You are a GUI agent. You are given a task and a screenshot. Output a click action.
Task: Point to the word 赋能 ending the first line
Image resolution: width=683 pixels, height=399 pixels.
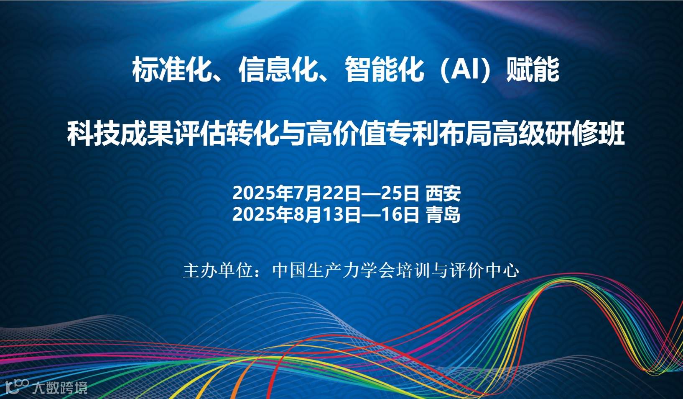click(x=533, y=70)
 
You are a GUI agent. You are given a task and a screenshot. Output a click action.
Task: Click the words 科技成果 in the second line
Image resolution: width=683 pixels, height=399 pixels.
click(x=120, y=134)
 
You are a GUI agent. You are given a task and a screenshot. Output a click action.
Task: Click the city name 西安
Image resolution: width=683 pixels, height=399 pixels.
click(x=443, y=193)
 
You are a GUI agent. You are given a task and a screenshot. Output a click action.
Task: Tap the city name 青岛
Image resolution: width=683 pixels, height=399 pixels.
click(x=443, y=214)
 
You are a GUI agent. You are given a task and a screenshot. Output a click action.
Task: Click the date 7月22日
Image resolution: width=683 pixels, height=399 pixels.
click(x=327, y=193)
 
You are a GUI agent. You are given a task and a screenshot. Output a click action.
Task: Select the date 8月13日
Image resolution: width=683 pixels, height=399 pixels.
click(x=327, y=214)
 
